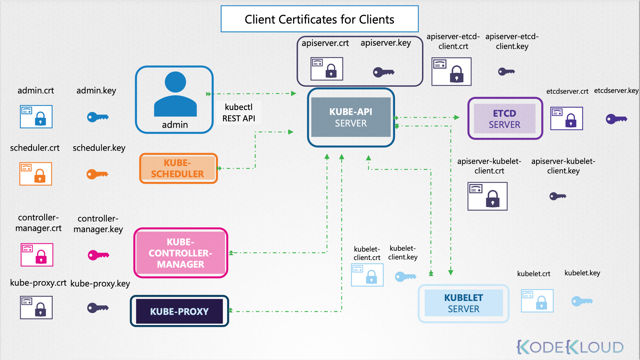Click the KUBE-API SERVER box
click(x=351, y=117)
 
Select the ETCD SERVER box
click(x=505, y=119)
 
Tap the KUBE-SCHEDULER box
click(x=178, y=168)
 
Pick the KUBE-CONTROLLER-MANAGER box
click(x=181, y=253)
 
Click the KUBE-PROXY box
click(x=179, y=311)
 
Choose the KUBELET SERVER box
click(x=463, y=303)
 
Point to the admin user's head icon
click(x=175, y=82)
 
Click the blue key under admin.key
click(x=98, y=117)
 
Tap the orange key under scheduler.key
click(x=97, y=174)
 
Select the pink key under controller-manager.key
click(x=98, y=255)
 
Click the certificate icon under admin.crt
click(x=36, y=117)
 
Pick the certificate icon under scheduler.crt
click(x=36, y=174)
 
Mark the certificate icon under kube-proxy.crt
click(x=36, y=307)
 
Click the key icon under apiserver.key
click(x=383, y=72)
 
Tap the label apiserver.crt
click(x=325, y=43)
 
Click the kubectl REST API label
click(x=239, y=113)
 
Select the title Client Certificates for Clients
click(x=319, y=19)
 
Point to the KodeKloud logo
click(x=570, y=347)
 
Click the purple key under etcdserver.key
click(x=616, y=119)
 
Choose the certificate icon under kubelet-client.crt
click(x=367, y=275)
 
